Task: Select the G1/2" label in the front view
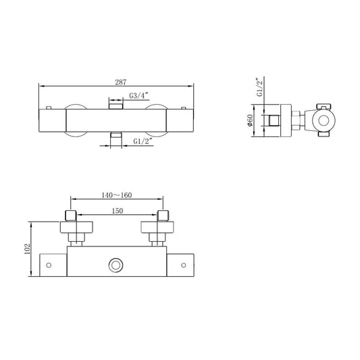[x=142, y=142]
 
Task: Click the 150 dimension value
[x=117, y=211]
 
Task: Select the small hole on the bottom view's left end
[x=49, y=264]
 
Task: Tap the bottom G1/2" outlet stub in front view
[x=117, y=138]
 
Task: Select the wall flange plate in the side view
[x=286, y=122]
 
